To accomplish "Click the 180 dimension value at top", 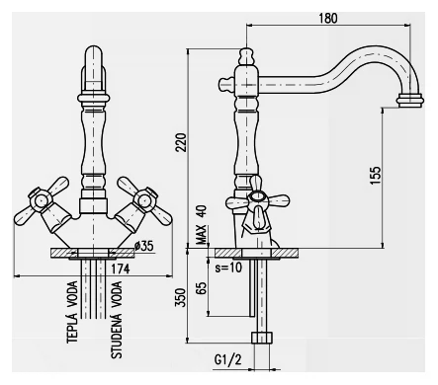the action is click(x=328, y=19).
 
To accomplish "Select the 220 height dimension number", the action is click(x=181, y=142).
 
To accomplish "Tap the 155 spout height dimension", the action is click(x=376, y=175).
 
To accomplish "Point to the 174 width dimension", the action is click(x=120, y=269).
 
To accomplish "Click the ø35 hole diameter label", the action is click(x=144, y=246).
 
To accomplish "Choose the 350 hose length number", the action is click(x=180, y=297).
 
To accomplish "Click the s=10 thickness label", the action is click(x=228, y=268).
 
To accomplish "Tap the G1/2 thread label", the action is click(x=227, y=359).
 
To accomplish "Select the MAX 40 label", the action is click(x=202, y=225).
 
